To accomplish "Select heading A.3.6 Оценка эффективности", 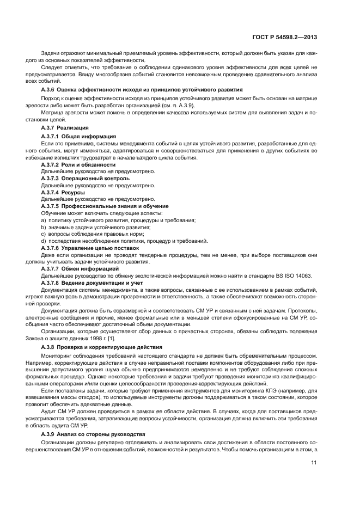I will [142, 89].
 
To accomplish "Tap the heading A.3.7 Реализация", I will [61, 127].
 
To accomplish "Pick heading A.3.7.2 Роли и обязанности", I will [78, 164].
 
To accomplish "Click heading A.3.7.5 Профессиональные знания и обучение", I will [105, 206].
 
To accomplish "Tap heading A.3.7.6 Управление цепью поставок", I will [90, 248].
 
